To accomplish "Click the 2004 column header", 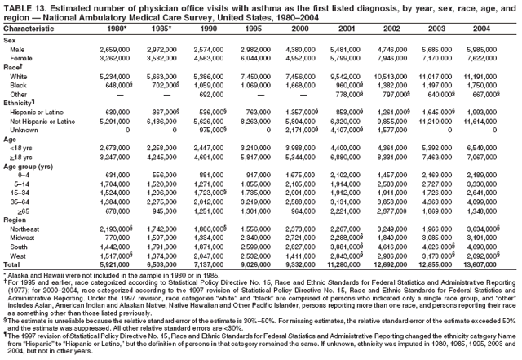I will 480,29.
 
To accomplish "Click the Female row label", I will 21,58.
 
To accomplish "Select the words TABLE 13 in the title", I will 24,7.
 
